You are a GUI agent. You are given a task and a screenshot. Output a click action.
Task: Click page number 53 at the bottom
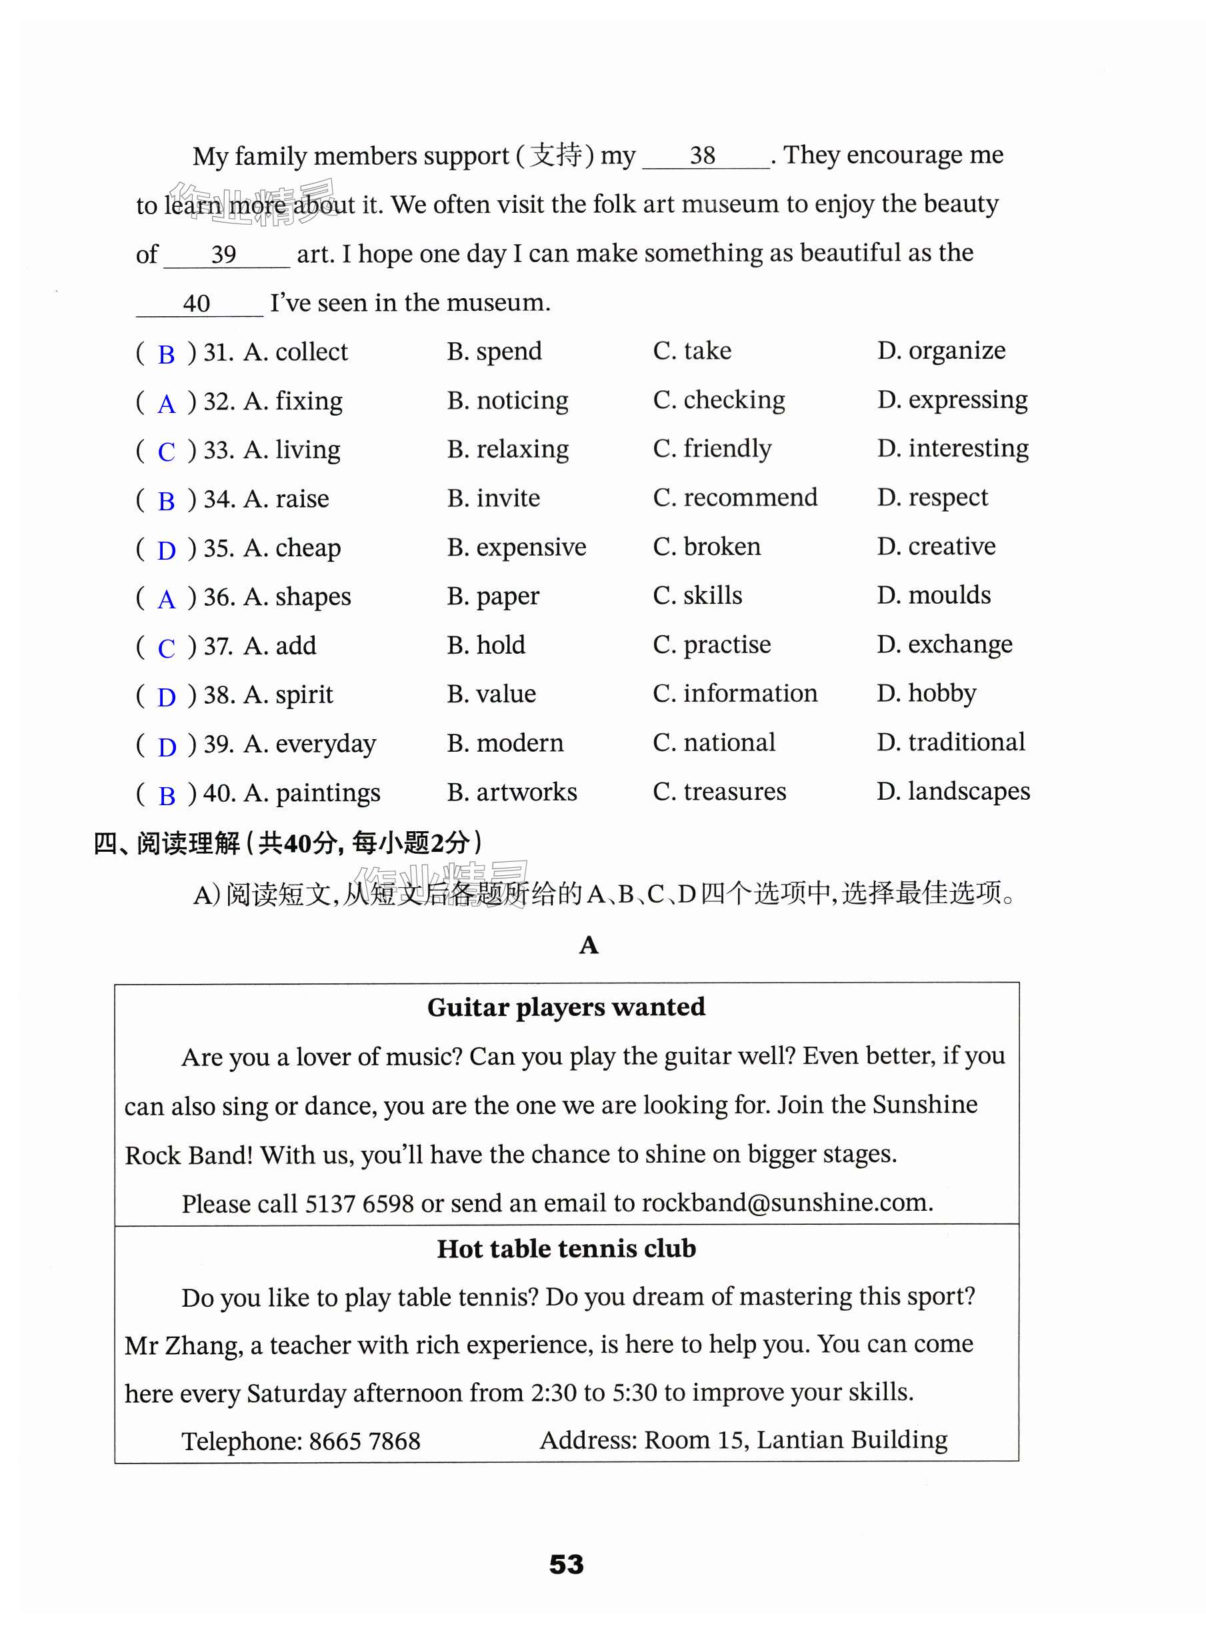[567, 1564]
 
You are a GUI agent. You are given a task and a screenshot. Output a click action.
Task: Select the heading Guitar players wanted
[566, 1007]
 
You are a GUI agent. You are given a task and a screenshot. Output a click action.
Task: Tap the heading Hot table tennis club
[566, 1249]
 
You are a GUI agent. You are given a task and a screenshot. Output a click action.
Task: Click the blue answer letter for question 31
[167, 355]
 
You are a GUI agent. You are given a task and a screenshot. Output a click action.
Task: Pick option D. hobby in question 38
[927, 693]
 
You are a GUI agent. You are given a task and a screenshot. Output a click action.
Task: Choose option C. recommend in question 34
[735, 498]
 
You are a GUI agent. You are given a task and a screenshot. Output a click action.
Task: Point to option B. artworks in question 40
[512, 792]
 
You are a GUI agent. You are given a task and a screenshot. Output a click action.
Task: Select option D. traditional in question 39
[951, 742]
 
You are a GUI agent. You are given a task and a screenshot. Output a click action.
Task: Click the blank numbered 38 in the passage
[703, 155]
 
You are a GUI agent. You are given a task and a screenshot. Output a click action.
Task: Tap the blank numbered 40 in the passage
[197, 303]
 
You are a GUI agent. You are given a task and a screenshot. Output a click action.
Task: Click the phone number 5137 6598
[359, 1203]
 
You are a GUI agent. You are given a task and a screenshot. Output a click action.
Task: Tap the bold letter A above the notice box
[589, 945]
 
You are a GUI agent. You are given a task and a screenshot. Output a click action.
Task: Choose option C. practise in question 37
[712, 645]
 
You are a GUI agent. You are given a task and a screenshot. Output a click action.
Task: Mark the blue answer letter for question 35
[167, 550]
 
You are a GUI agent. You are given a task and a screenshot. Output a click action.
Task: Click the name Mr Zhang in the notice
[183, 1345]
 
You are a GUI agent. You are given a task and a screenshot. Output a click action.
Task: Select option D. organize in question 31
[941, 352]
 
